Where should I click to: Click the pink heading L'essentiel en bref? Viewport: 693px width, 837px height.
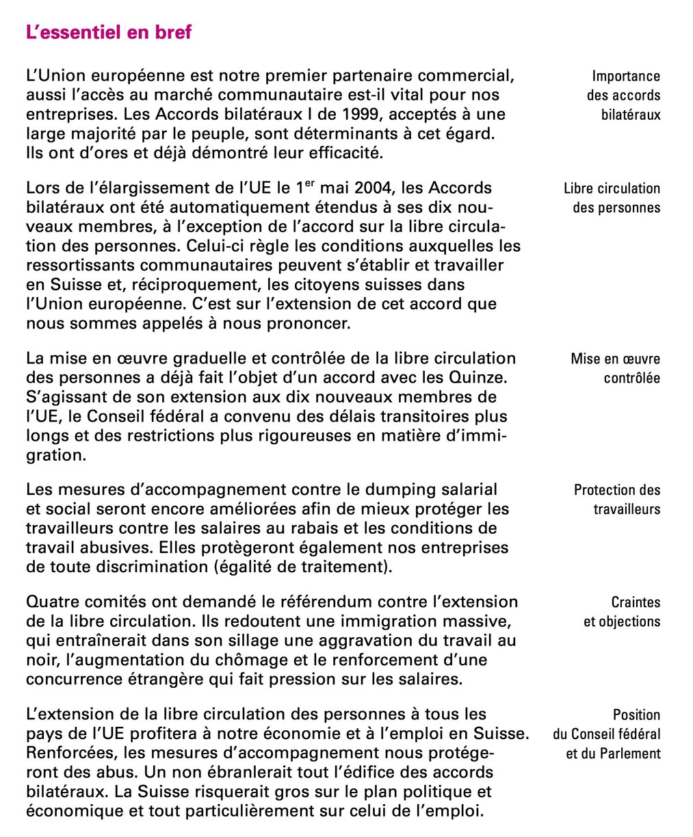point(108,32)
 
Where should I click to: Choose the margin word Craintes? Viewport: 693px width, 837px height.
point(636,602)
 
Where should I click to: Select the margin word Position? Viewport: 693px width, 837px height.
point(636,715)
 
